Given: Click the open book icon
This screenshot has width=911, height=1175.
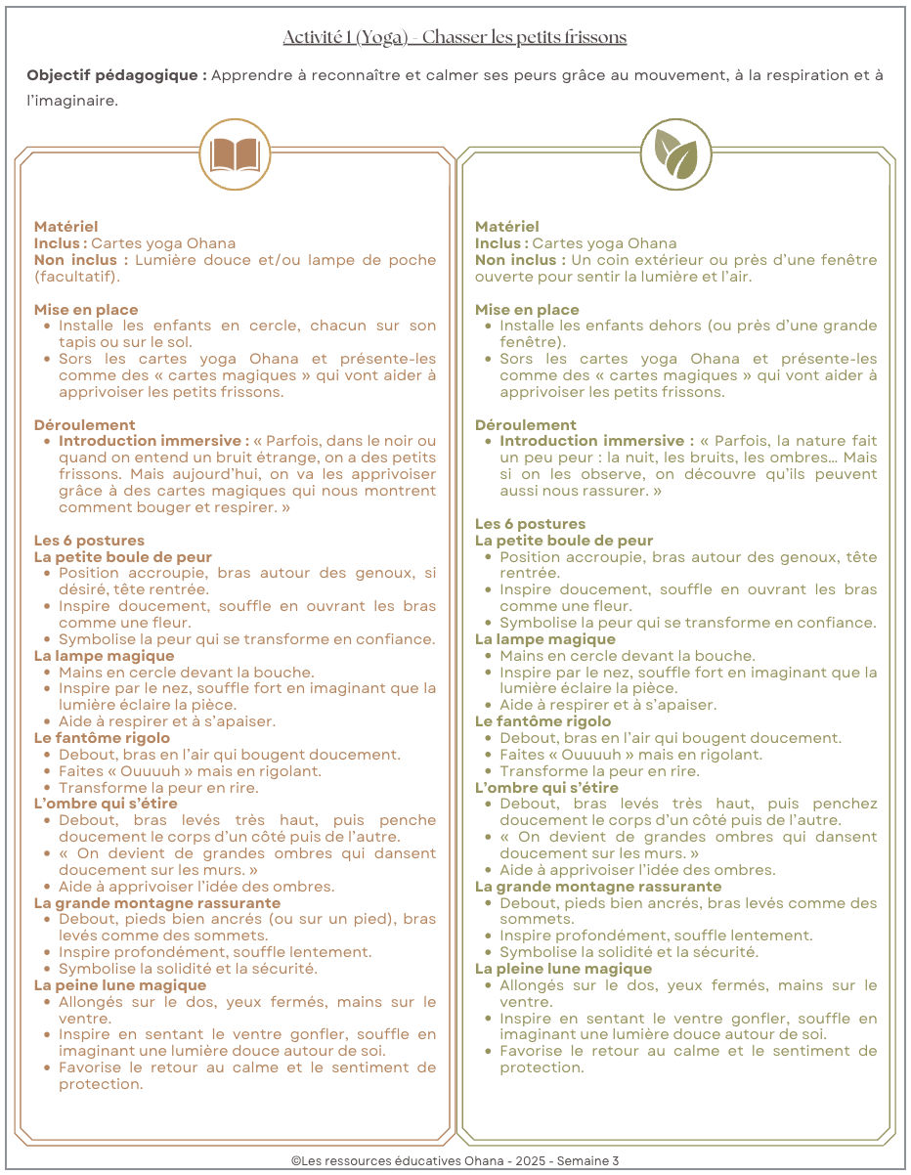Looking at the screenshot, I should tap(235, 155).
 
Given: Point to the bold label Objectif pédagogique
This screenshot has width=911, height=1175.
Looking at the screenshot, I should tap(116, 75).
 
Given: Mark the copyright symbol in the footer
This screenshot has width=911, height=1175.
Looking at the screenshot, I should tap(295, 1160).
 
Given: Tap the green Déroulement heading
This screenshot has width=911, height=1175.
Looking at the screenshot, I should tap(526, 425).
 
